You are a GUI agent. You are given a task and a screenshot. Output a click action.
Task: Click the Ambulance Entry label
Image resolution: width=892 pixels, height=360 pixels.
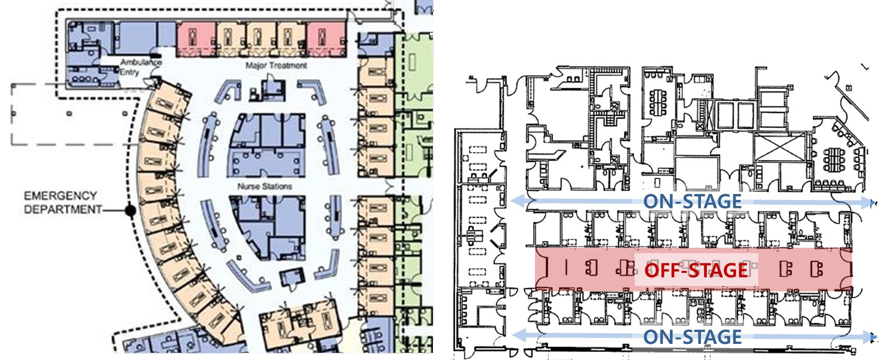(x=140, y=67)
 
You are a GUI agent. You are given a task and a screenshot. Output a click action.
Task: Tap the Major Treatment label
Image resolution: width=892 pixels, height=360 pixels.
(x=276, y=65)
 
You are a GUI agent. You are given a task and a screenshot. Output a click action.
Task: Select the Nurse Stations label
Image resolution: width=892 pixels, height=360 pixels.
(x=265, y=186)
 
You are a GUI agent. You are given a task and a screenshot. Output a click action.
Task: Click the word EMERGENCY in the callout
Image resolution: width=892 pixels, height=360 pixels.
(x=60, y=196)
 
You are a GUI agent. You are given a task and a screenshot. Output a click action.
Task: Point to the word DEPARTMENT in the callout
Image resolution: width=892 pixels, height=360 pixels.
(x=63, y=210)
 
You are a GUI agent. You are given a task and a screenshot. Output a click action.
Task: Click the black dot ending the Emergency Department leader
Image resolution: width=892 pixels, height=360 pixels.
(x=130, y=210)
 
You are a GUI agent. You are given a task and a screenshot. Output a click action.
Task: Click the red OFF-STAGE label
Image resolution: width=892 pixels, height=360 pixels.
(x=696, y=270)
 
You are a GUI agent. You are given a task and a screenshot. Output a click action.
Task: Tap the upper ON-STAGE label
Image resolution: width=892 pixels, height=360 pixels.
(x=693, y=202)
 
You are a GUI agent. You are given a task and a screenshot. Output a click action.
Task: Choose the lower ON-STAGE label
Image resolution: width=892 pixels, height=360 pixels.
(x=693, y=337)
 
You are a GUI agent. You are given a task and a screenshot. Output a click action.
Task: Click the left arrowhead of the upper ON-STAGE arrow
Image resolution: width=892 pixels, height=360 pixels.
(x=518, y=201)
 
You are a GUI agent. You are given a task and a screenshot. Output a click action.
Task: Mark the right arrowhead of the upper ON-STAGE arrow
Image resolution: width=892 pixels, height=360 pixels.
(x=869, y=203)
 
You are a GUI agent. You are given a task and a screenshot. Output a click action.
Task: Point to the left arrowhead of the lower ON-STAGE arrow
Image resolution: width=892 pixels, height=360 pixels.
(x=519, y=336)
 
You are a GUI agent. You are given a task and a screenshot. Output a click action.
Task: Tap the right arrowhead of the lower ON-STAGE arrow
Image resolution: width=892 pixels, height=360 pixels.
(x=869, y=337)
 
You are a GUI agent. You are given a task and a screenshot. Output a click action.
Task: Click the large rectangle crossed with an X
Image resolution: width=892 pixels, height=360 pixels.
(x=780, y=147)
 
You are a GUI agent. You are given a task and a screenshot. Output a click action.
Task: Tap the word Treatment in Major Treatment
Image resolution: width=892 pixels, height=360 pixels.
(x=286, y=65)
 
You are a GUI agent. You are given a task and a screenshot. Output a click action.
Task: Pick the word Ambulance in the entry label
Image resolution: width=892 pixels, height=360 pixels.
(x=141, y=62)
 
